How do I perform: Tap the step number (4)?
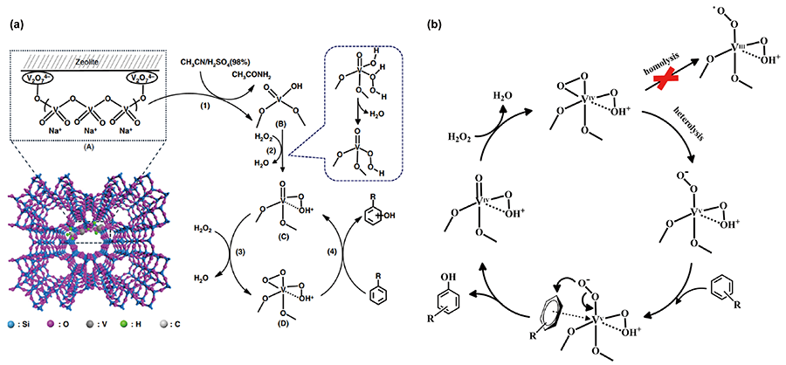[x=335, y=231]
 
